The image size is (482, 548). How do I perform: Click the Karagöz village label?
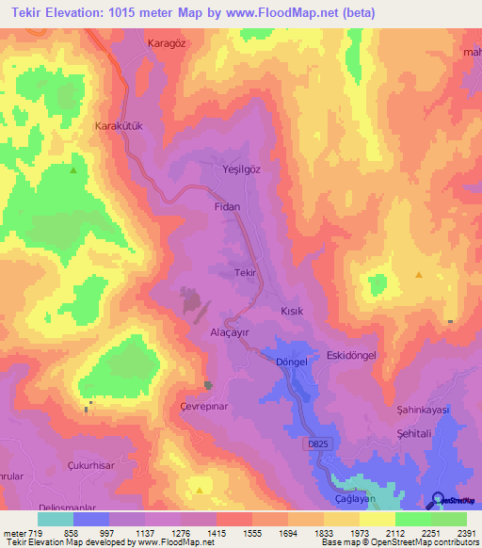tap(168, 43)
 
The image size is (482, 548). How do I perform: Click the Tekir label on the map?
tap(245, 272)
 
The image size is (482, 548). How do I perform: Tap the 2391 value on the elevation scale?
tap(467, 532)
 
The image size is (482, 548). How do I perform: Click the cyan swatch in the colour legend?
tap(55, 519)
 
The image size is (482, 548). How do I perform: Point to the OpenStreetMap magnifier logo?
tap(437, 500)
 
